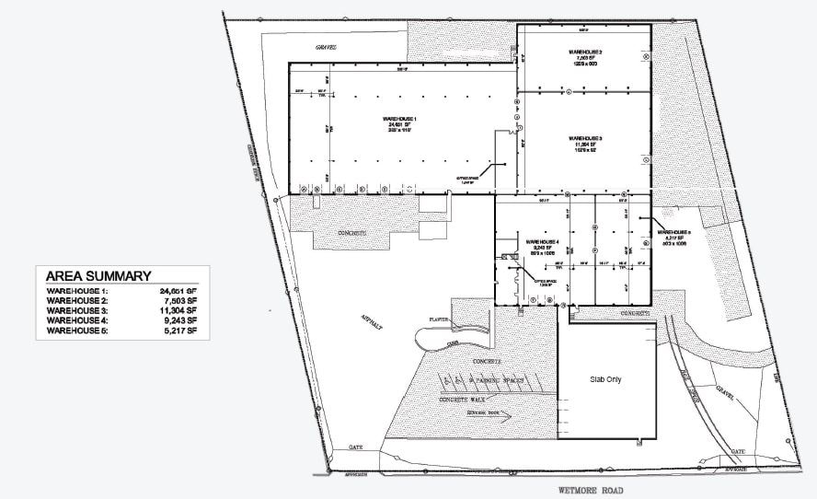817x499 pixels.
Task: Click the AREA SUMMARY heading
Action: click(x=98, y=275)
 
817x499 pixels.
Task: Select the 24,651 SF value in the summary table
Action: click(x=178, y=290)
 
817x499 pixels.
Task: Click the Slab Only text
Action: click(x=606, y=378)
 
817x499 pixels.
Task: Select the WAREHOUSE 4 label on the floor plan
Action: click(x=543, y=241)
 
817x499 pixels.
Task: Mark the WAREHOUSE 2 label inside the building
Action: click(x=584, y=52)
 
